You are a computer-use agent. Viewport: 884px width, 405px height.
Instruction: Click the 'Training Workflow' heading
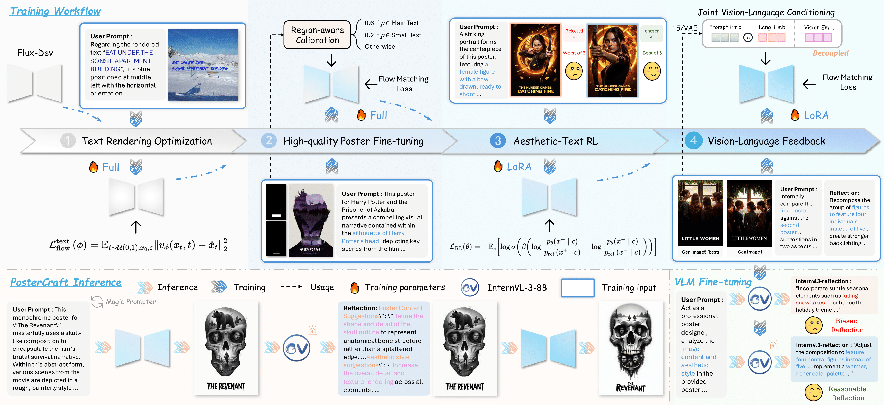point(55,11)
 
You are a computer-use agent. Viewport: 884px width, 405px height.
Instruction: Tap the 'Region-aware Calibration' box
point(317,35)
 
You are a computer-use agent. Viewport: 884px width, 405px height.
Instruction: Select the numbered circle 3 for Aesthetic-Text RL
point(498,141)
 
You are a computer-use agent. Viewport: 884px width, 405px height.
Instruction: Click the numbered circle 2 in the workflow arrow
point(269,141)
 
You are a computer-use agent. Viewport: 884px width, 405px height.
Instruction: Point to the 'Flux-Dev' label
point(35,53)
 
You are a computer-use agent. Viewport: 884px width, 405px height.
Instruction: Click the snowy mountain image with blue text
point(203,65)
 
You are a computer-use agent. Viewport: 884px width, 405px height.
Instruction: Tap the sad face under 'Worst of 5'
point(574,71)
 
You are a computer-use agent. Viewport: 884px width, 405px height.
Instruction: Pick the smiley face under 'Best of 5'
point(652,71)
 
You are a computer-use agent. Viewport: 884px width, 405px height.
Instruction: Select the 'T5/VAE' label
point(684,28)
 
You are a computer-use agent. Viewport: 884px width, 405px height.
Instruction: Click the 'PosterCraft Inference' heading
point(66,283)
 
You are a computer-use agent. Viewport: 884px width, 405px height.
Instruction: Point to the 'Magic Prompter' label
point(130,302)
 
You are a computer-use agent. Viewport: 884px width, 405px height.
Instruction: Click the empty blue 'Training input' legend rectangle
point(577,288)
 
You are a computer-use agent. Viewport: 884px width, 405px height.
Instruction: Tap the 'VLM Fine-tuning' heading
point(713,282)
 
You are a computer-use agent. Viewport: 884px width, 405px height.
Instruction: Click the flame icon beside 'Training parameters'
point(355,288)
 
